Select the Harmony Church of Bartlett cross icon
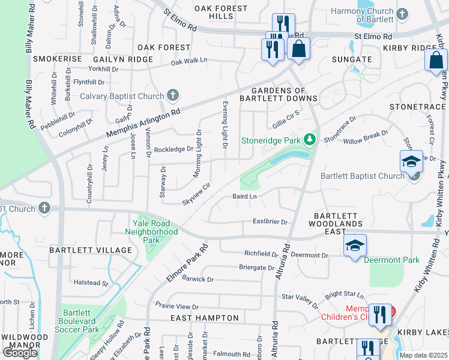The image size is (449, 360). [402, 13]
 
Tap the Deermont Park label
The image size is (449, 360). [394, 260]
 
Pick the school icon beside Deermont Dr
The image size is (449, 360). [355, 246]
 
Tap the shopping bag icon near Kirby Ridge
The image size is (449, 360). [436, 61]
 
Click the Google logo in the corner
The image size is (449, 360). [20, 353]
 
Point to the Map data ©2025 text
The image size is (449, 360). [423, 355]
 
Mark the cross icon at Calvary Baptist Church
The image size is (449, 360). [173, 95]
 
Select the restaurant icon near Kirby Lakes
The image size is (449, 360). [379, 316]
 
